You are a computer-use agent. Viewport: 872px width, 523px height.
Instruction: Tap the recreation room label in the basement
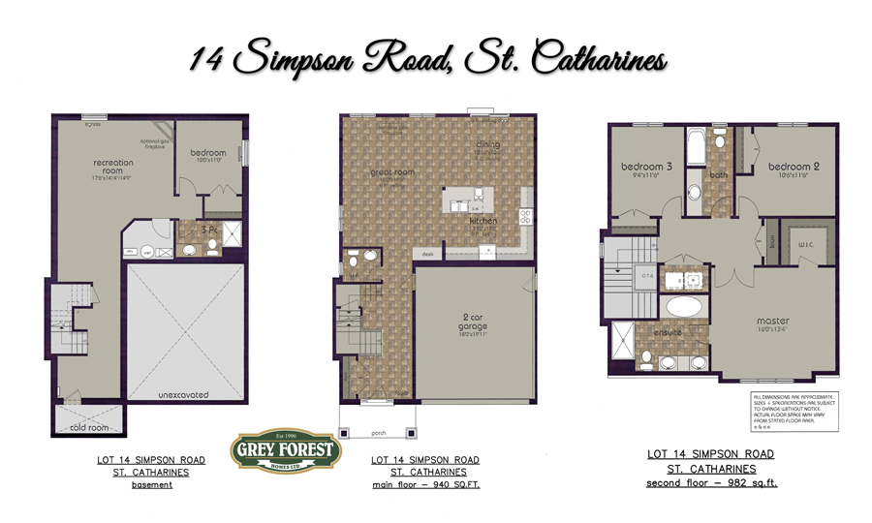(x=113, y=167)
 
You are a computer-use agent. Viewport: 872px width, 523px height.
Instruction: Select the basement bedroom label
(x=207, y=153)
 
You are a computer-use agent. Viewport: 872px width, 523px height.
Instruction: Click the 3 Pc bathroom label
(x=207, y=231)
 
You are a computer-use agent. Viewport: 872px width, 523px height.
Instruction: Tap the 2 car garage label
(x=473, y=323)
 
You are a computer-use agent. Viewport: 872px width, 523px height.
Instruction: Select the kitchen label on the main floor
(x=483, y=221)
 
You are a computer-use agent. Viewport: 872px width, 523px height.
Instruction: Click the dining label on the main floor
(x=487, y=145)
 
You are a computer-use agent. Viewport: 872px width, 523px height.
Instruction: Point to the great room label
(x=392, y=172)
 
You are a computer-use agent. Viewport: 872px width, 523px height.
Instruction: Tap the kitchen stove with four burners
(x=526, y=217)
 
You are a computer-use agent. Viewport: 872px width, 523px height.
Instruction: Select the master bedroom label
(x=773, y=321)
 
